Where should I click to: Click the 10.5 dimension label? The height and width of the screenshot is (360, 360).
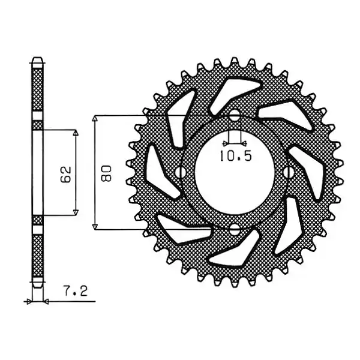pos(236,156)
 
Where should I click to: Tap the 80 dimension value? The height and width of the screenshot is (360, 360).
pos(106,173)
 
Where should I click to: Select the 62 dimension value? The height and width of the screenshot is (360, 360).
pos(66,174)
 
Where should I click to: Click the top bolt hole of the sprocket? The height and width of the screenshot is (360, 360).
pos(235,115)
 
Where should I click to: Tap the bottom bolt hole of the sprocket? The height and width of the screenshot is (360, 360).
pos(235,230)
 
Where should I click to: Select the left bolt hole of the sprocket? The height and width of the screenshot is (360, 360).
pos(181,172)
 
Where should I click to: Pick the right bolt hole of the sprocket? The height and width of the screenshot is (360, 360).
pos(289,172)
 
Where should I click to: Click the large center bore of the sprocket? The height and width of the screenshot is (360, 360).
pos(235,173)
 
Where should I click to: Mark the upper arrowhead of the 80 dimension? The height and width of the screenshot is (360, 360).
pos(95,118)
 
